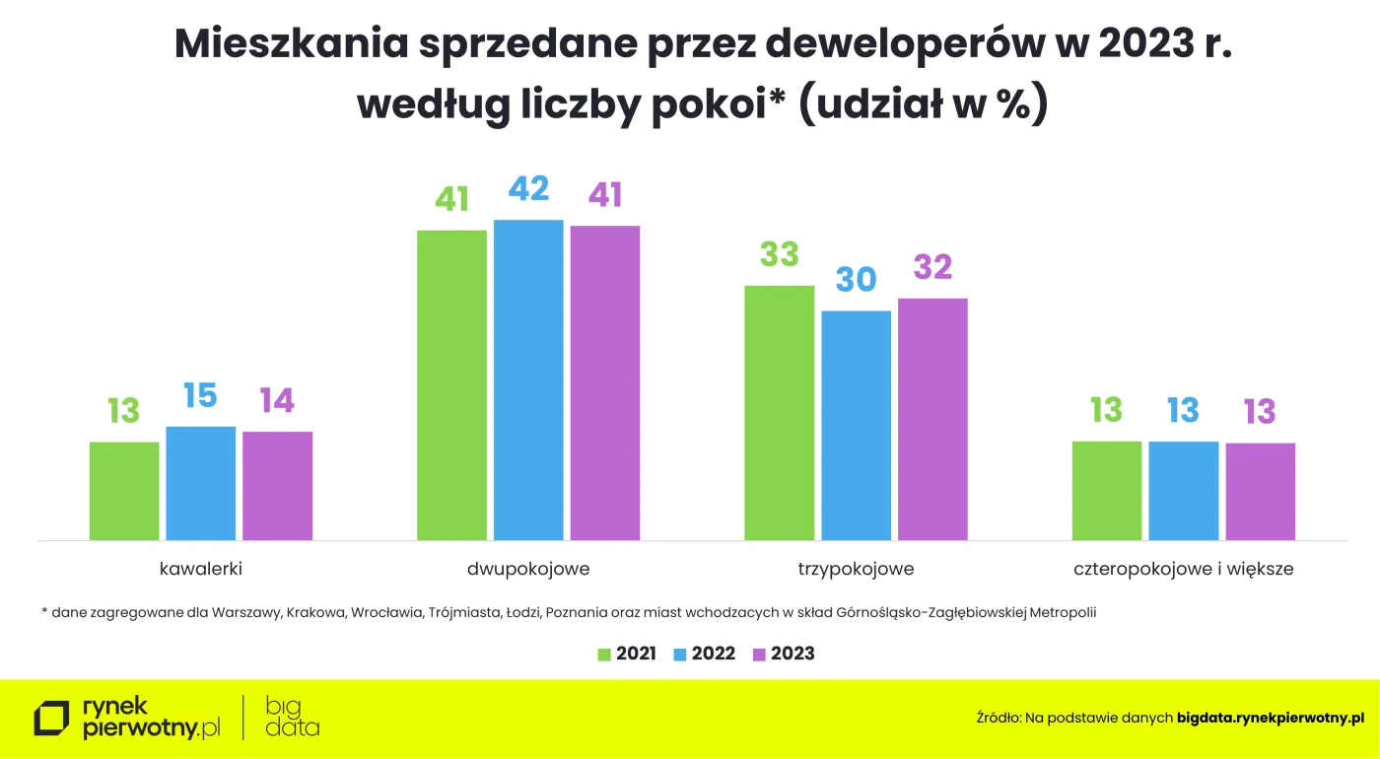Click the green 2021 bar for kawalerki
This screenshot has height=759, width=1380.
coord(124,491)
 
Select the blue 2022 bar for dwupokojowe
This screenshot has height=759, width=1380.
coord(528,379)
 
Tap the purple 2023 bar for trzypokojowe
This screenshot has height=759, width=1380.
coord(932,419)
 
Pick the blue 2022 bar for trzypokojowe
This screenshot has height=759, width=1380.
coord(856,425)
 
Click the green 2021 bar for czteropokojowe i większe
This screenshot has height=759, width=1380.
coord(1106,490)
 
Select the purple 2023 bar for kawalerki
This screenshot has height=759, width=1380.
coord(277,485)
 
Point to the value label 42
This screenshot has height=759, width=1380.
coord(528,188)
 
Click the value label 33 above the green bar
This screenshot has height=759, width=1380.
coord(779,254)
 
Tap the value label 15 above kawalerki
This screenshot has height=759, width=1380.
coord(200,395)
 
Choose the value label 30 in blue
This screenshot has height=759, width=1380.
coord(856,280)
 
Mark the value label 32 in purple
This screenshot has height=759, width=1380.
coord(932,267)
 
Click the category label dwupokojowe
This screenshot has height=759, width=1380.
coord(528,569)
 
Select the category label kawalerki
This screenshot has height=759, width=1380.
coord(201,569)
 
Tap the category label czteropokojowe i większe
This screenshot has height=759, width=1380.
coord(1183,569)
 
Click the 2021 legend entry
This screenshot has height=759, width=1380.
coord(627,654)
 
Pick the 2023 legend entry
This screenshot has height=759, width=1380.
coord(783,654)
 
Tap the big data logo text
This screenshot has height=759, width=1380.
coord(292,717)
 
